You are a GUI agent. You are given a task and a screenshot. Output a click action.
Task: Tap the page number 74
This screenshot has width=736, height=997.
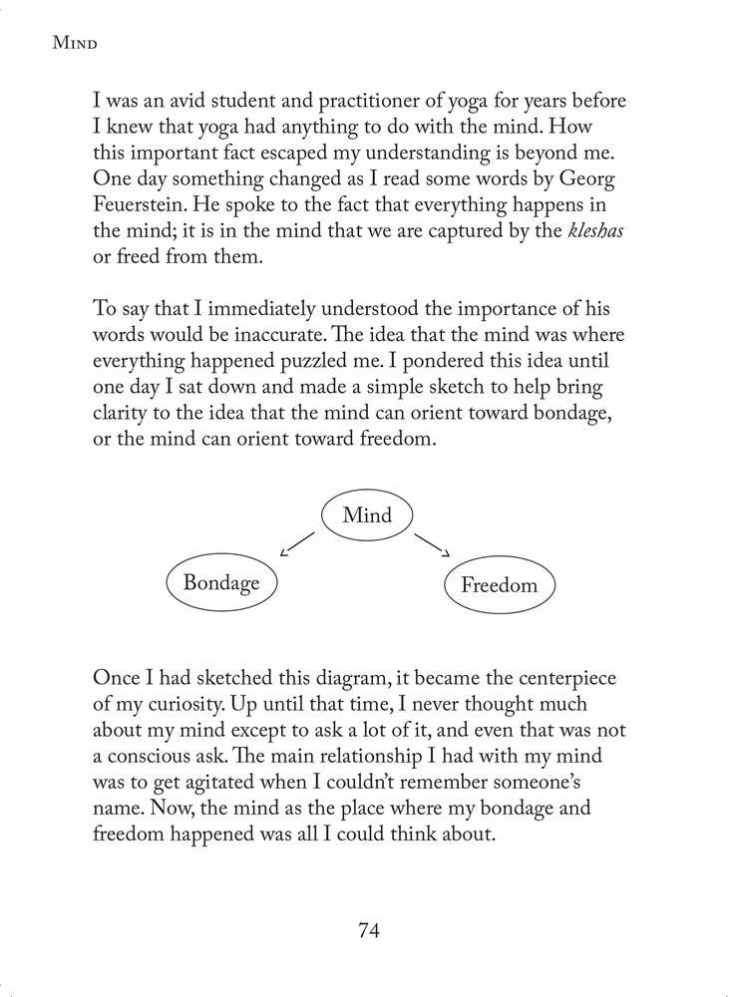(368, 930)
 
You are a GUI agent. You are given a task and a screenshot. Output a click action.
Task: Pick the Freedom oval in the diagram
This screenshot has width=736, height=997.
(499, 585)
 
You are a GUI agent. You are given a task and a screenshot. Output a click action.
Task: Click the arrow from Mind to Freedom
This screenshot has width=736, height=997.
(433, 544)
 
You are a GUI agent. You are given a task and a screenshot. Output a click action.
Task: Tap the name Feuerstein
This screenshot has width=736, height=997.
(146, 205)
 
